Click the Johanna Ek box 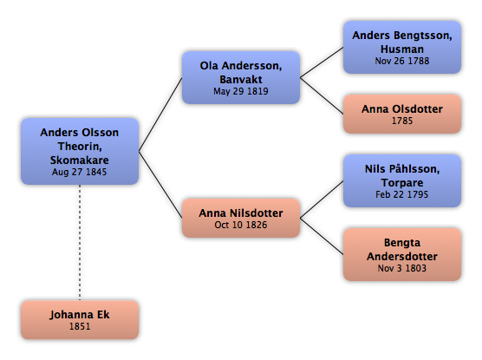pyautogui.click(x=80, y=320)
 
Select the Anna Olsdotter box pyautogui.click(x=402, y=114)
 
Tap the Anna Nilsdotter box pyautogui.click(x=241, y=218)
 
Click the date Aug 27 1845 pyautogui.click(x=79, y=172)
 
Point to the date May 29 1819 pyautogui.click(x=241, y=91)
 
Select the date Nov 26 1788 pyautogui.click(x=402, y=61)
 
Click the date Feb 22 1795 pyautogui.click(x=401, y=194)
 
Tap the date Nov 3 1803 pyautogui.click(x=402, y=268)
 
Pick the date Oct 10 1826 pyautogui.click(x=241, y=225)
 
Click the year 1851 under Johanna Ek pyautogui.click(x=80, y=326)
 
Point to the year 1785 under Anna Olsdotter pyautogui.click(x=402, y=121)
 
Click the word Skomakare pyautogui.click(x=79, y=160)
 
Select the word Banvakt pyautogui.click(x=241, y=80)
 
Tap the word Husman pyautogui.click(x=402, y=49)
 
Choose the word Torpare pyautogui.click(x=402, y=183)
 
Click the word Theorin pyautogui.click(x=80, y=147)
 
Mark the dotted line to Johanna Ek pyautogui.click(x=80, y=243)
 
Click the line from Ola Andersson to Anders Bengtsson pyautogui.click(x=322, y=62)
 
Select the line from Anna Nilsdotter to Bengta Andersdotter pyautogui.click(x=322, y=236)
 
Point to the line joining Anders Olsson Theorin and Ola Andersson pyautogui.click(x=160, y=115)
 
